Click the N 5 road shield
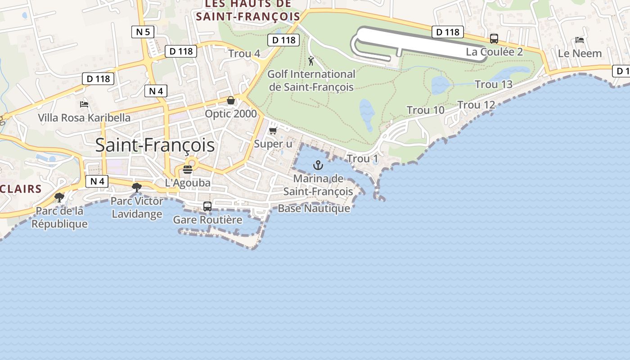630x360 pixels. tap(143, 32)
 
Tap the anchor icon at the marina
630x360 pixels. tap(318, 165)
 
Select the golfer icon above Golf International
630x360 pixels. tap(311, 61)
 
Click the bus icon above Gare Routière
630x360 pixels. tap(207, 207)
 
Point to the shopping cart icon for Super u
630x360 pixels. tap(273, 131)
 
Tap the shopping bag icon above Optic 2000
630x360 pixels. tap(231, 100)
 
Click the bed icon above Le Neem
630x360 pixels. tap(580, 40)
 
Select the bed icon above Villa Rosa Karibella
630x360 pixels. tap(84, 104)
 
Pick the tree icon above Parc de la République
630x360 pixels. tap(59, 197)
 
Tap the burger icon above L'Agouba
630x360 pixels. tap(188, 170)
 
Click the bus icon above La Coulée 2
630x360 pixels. tap(494, 39)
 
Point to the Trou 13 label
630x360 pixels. tap(494, 85)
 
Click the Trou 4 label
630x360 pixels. tap(244, 54)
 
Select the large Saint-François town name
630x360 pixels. tap(155, 145)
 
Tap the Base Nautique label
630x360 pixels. tap(314, 208)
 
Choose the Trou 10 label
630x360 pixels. tap(425, 110)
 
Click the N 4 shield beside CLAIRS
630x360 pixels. tap(97, 181)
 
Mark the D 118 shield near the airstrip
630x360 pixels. tap(447, 32)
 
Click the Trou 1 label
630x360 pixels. tap(362, 159)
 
